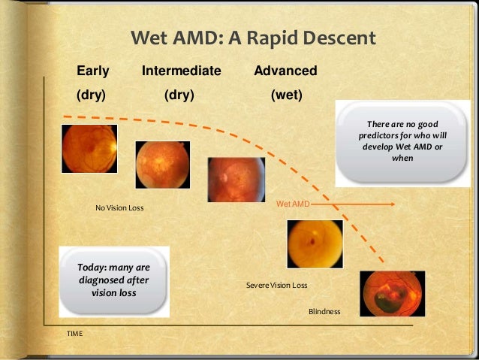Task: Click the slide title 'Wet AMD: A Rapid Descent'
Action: [253, 38]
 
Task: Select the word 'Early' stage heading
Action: [93, 71]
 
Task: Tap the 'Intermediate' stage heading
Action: [181, 71]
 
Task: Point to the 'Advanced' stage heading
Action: [285, 71]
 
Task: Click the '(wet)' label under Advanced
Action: [286, 95]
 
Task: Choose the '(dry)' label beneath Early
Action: [91, 95]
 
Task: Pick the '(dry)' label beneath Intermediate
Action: [179, 95]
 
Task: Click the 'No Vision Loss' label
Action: [119, 207]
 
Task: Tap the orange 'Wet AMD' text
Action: [293, 204]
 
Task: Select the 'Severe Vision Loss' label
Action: [276, 286]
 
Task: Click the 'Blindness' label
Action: [324, 311]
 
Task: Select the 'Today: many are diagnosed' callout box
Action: [114, 280]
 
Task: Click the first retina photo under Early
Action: [84, 148]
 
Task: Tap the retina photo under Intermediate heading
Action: [162, 164]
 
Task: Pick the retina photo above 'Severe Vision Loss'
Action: [315, 244]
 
